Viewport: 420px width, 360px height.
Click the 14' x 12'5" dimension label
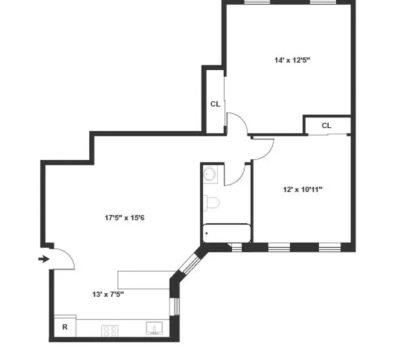(293, 60)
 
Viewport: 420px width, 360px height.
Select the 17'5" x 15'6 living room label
(124, 218)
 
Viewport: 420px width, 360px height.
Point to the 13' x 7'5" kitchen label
(108, 294)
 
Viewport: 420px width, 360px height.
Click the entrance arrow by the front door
(43, 259)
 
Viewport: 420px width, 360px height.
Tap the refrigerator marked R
(65, 327)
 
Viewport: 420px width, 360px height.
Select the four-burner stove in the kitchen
(110, 331)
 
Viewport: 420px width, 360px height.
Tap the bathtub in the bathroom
(226, 233)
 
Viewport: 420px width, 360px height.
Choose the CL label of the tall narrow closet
(215, 104)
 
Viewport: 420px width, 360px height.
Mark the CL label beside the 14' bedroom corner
(326, 126)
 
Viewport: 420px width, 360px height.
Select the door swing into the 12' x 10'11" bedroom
(263, 148)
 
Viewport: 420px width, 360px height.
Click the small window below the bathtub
(235, 247)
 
